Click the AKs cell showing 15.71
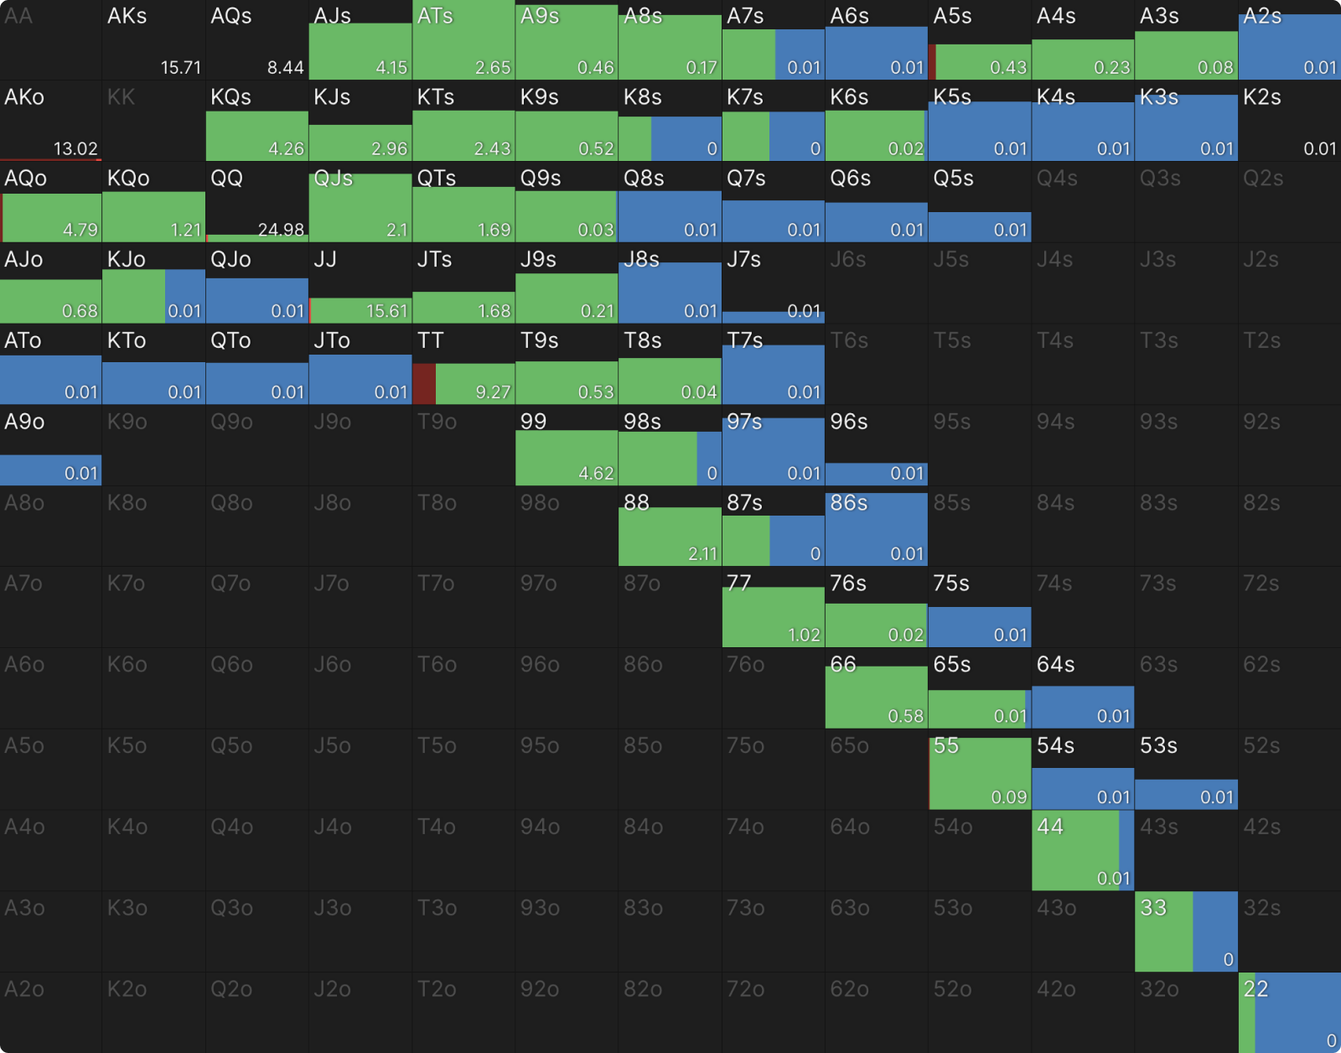tap(154, 40)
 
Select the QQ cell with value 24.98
tap(257, 202)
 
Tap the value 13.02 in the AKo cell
tap(75, 148)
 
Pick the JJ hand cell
tap(360, 283)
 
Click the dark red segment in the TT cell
tap(424, 384)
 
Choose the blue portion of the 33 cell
tap(1214, 931)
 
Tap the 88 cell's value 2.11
tap(702, 553)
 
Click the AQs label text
tap(231, 16)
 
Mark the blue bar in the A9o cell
tap(50, 469)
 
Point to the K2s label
tap(1262, 97)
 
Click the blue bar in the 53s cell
tap(1185, 794)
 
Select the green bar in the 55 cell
tap(980, 773)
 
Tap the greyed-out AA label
tap(18, 16)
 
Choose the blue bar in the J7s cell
tap(773, 317)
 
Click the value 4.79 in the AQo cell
tap(80, 230)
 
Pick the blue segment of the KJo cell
tap(184, 296)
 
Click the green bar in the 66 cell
tap(876, 697)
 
